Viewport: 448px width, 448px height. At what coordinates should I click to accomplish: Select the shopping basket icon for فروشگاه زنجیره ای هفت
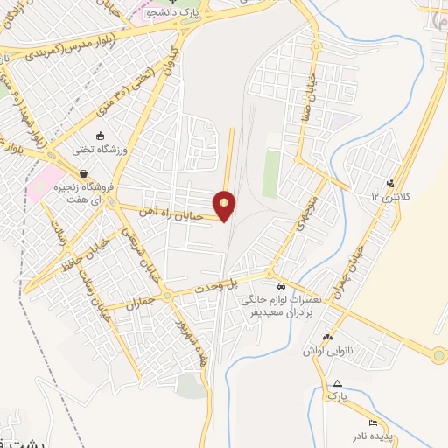83,172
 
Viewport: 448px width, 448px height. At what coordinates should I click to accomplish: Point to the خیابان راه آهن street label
171,215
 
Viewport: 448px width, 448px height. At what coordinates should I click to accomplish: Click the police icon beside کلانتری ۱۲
390,183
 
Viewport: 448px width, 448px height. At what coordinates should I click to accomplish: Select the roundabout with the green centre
438,355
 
